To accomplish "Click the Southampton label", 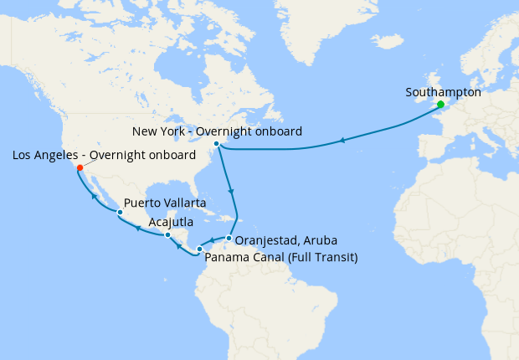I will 443,92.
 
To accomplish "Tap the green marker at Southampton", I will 440,105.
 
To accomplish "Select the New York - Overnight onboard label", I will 218,131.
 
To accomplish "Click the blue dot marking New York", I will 217,144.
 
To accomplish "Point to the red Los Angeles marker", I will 80,167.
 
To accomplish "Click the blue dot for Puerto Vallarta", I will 121,213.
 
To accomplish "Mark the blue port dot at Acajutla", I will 168,235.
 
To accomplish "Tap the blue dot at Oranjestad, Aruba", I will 229,239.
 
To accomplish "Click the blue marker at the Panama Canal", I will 199,249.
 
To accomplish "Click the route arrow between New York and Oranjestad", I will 232,193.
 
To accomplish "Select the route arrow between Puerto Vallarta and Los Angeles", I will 95,197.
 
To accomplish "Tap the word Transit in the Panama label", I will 335,257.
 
